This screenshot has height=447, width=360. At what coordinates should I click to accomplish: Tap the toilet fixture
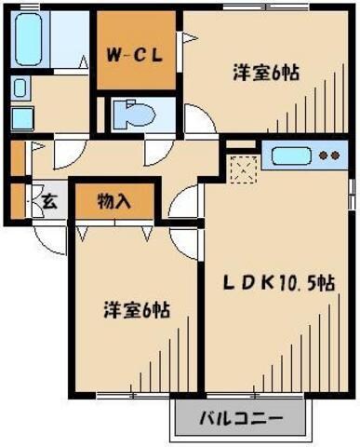(x=139, y=115)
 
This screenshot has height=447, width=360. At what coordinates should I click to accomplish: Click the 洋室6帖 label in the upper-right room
(x=264, y=72)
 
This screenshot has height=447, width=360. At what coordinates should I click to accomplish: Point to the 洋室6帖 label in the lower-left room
(x=136, y=311)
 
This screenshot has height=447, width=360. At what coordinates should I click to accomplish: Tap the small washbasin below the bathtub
(x=20, y=117)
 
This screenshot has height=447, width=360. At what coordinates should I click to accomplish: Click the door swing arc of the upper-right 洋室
(x=197, y=119)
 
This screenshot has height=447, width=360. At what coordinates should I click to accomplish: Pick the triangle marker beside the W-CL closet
(x=188, y=38)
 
